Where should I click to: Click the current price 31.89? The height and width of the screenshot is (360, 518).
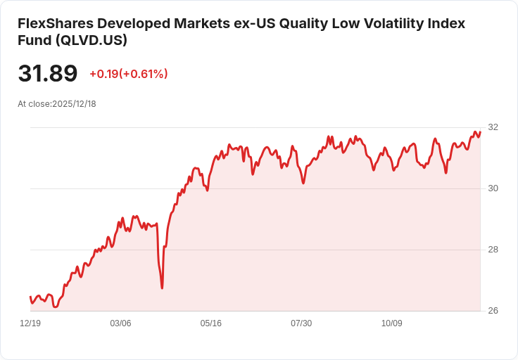(x=48, y=73)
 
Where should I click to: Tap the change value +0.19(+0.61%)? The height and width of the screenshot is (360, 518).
(x=129, y=74)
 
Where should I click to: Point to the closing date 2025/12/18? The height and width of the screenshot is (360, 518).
(x=74, y=104)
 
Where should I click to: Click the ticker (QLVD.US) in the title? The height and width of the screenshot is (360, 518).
(x=91, y=40)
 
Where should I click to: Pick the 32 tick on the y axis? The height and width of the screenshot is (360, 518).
(x=493, y=127)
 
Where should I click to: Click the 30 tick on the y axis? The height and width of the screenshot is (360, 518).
(x=493, y=188)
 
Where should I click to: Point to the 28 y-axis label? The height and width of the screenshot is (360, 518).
(x=493, y=250)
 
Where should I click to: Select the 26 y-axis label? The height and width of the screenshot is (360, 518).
(x=493, y=311)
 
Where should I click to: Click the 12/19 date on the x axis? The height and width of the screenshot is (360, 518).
(x=30, y=323)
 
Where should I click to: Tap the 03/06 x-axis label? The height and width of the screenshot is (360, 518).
(x=120, y=323)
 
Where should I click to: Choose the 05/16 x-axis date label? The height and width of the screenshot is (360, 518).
(x=210, y=323)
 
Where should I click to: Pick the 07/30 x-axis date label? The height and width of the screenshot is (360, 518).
(x=301, y=323)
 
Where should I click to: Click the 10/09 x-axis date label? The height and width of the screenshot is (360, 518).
(x=392, y=323)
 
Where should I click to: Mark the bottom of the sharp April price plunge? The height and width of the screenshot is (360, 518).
(x=162, y=288)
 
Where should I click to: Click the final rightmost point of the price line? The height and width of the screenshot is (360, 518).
(x=480, y=132)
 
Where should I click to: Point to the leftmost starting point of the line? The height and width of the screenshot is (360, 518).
(x=30, y=297)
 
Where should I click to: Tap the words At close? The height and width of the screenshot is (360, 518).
(x=34, y=104)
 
